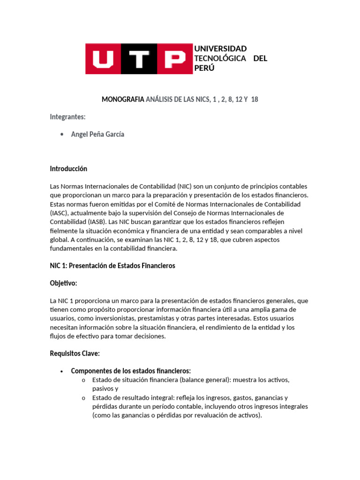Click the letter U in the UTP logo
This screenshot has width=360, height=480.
click(103, 59)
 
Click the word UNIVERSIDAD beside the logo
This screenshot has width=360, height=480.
click(220, 49)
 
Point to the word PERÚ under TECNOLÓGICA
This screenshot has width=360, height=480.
click(204, 67)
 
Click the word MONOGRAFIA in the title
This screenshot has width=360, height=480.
click(123, 99)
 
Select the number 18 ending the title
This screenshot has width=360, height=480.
click(255, 99)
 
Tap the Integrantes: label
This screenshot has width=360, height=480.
click(67, 117)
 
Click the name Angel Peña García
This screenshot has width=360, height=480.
click(97, 135)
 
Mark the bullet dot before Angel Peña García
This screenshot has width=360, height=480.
click(63, 135)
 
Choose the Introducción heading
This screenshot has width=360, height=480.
click(68, 169)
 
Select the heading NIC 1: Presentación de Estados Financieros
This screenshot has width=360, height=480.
click(112, 266)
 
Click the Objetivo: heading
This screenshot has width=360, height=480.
click(64, 284)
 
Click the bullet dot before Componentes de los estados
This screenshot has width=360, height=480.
click(62, 371)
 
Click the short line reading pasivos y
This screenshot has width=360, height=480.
click(105, 389)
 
